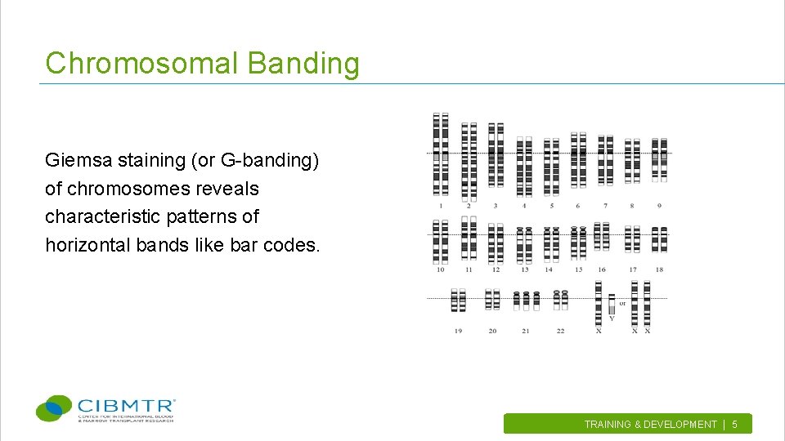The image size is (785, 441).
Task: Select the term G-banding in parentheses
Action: click(x=267, y=160)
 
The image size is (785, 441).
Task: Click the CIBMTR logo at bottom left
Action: click(x=106, y=408)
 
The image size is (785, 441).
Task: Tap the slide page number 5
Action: click(x=734, y=424)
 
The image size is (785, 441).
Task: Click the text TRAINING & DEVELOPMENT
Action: click(x=650, y=424)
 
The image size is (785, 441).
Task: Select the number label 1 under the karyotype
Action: click(x=441, y=206)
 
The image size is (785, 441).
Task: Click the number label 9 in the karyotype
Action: click(x=659, y=206)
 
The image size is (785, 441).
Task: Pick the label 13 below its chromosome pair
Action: click(x=524, y=269)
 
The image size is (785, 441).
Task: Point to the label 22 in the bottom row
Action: click(x=560, y=331)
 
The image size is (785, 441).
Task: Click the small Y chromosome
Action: click(x=612, y=305)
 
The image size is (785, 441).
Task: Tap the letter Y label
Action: click(x=612, y=318)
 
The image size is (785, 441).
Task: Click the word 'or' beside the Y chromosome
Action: click(x=622, y=303)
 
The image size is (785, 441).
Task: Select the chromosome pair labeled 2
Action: click(x=469, y=161)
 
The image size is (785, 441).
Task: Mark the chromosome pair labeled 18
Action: click(x=659, y=240)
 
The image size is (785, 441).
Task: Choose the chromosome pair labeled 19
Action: click(x=459, y=300)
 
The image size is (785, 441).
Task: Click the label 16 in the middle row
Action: click(x=602, y=269)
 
